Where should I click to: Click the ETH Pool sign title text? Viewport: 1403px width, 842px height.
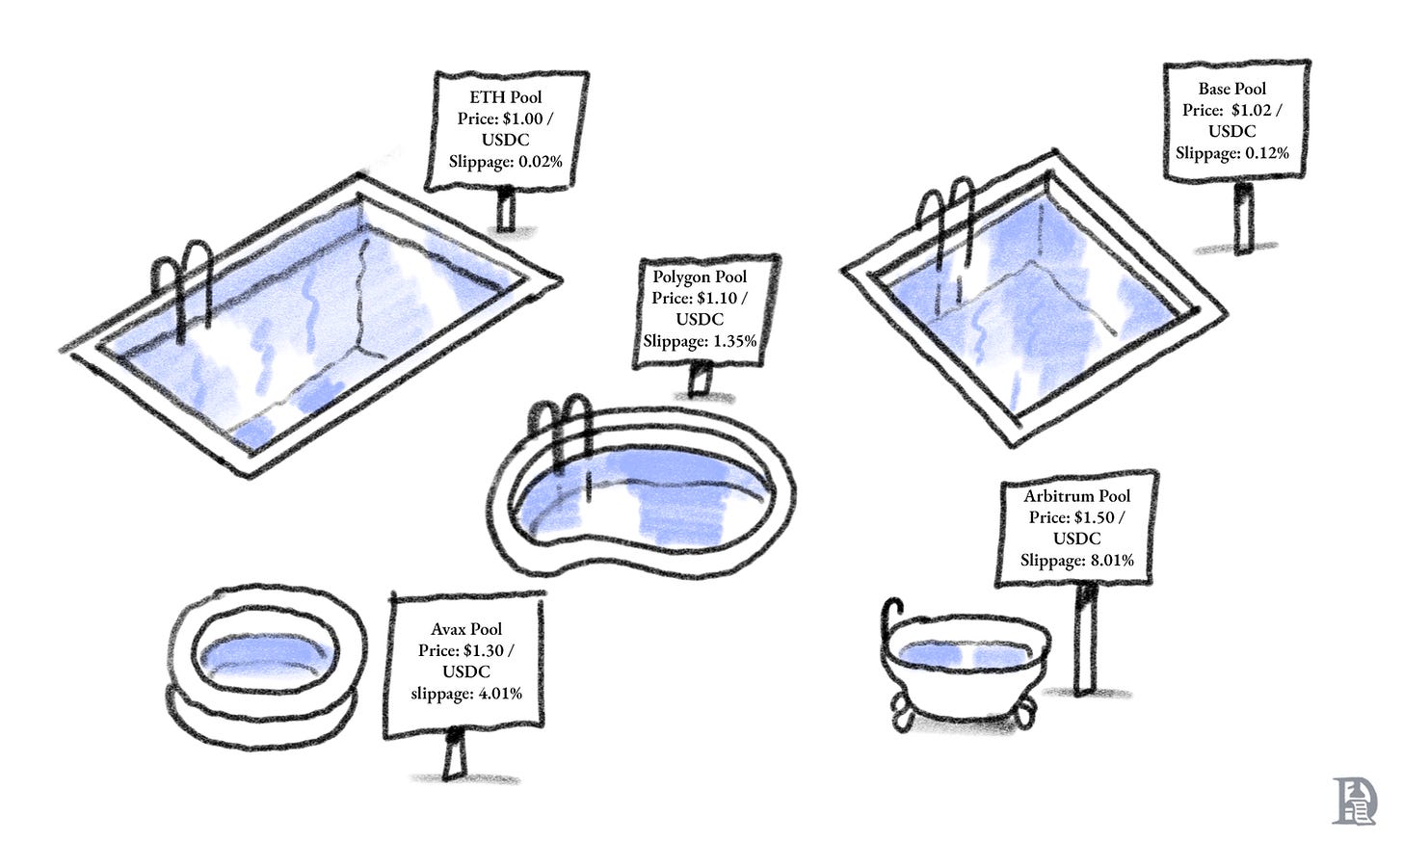[x=506, y=97]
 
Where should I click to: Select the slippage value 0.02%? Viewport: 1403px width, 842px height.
[x=540, y=161]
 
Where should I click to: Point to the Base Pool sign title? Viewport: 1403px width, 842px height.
[x=1232, y=89]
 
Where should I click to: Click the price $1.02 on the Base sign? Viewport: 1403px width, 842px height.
[x=1257, y=110]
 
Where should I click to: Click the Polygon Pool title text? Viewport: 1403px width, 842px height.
[x=700, y=277]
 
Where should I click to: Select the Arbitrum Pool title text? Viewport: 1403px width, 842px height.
[x=1077, y=496]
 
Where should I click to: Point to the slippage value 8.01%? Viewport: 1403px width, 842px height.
[x=1110, y=560]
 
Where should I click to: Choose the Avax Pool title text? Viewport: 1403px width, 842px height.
[x=466, y=630]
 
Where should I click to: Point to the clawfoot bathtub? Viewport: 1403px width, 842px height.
[x=964, y=665]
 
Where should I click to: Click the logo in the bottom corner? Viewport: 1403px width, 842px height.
[x=1355, y=800]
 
